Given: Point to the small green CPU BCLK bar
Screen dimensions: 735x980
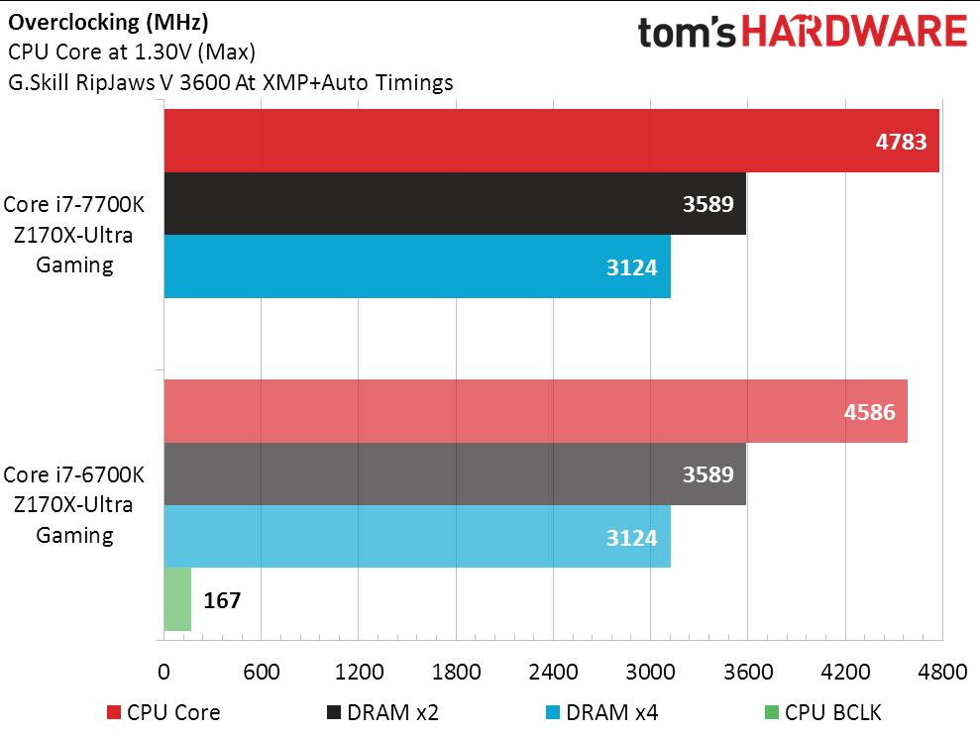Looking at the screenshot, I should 177,599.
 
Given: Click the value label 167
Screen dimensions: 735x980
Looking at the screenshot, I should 222,600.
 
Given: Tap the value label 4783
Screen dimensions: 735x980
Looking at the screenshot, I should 901,142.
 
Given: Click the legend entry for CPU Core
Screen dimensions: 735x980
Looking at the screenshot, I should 163,712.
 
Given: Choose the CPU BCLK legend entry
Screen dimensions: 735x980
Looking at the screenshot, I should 821,712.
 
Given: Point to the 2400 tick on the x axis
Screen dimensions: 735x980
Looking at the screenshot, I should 553,672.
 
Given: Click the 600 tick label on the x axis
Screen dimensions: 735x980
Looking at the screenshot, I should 261,672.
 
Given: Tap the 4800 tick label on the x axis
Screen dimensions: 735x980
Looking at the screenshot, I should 941,672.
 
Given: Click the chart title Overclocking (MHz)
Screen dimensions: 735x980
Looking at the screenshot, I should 108,21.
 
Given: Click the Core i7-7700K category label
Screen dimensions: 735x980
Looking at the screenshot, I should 74,205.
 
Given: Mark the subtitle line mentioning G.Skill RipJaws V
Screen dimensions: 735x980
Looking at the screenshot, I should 230,82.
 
